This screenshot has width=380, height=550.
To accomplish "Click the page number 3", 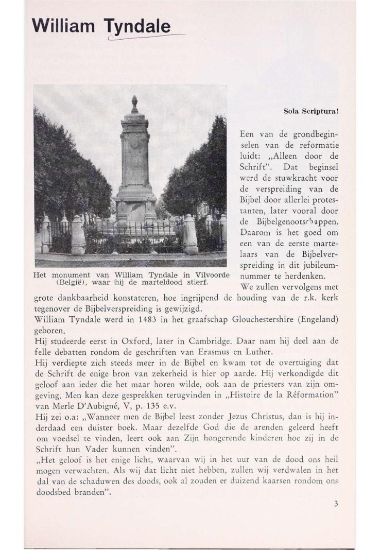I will [335, 504].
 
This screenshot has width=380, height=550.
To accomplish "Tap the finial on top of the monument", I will [134, 103].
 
